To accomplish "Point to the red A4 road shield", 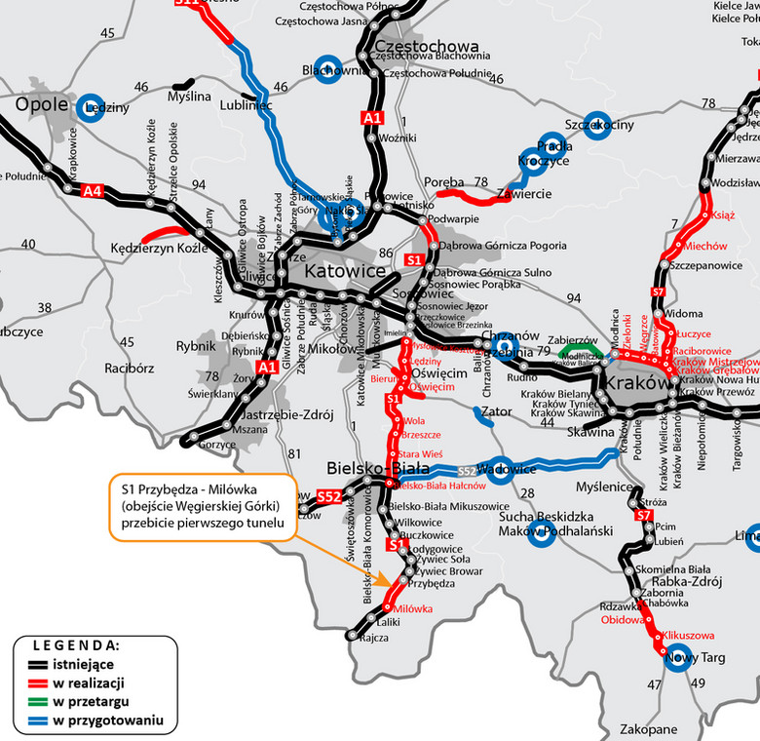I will [94, 190].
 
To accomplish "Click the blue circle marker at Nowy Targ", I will [676, 658].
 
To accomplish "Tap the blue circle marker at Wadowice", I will [499, 469].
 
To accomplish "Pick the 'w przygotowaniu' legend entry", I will [107, 721].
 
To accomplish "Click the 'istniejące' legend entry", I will [88, 664].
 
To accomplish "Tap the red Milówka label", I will [413, 609].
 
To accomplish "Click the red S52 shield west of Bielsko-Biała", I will [329, 497].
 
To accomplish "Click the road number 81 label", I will [294, 452].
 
